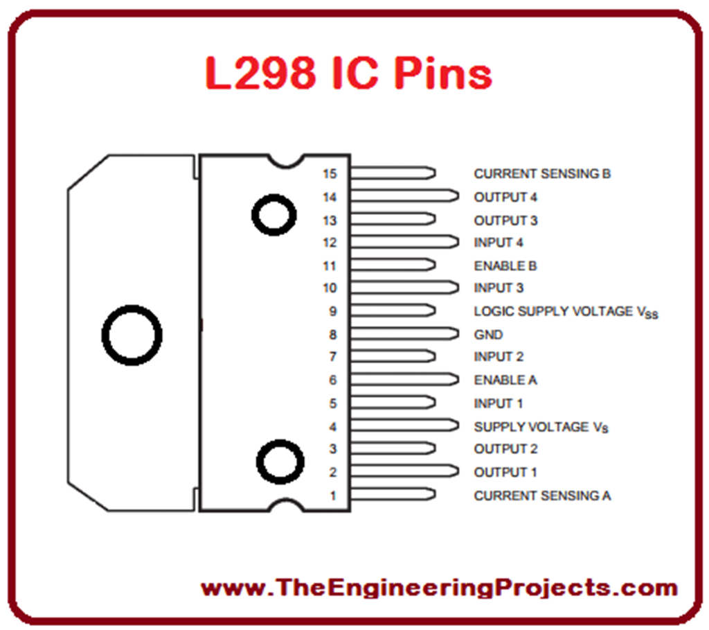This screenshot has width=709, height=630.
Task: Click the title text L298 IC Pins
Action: click(348, 73)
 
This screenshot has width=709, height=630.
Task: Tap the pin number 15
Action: click(330, 174)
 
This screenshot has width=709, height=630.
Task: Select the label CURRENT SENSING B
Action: click(542, 174)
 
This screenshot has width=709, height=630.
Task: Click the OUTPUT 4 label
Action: click(505, 198)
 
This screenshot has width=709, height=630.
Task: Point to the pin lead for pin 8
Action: click(404, 334)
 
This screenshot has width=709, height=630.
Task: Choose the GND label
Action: click(488, 335)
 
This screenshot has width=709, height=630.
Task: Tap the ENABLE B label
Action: click(505, 266)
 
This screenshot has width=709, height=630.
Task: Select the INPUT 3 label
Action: click(499, 288)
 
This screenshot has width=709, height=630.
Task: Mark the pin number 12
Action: click(330, 243)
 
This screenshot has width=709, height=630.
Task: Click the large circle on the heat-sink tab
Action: click(132, 335)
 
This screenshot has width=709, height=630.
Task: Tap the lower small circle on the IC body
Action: click(280, 461)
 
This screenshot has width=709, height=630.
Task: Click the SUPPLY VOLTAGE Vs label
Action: click(541, 427)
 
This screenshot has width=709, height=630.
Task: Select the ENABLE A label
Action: click(505, 380)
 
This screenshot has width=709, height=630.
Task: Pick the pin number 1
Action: click(333, 496)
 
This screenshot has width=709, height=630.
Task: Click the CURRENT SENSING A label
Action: click(542, 496)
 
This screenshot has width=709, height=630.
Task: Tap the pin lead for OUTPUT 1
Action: click(404, 472)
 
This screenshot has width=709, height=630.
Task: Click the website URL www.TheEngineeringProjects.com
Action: click(439, 588)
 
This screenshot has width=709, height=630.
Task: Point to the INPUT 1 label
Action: click(499, 403)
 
